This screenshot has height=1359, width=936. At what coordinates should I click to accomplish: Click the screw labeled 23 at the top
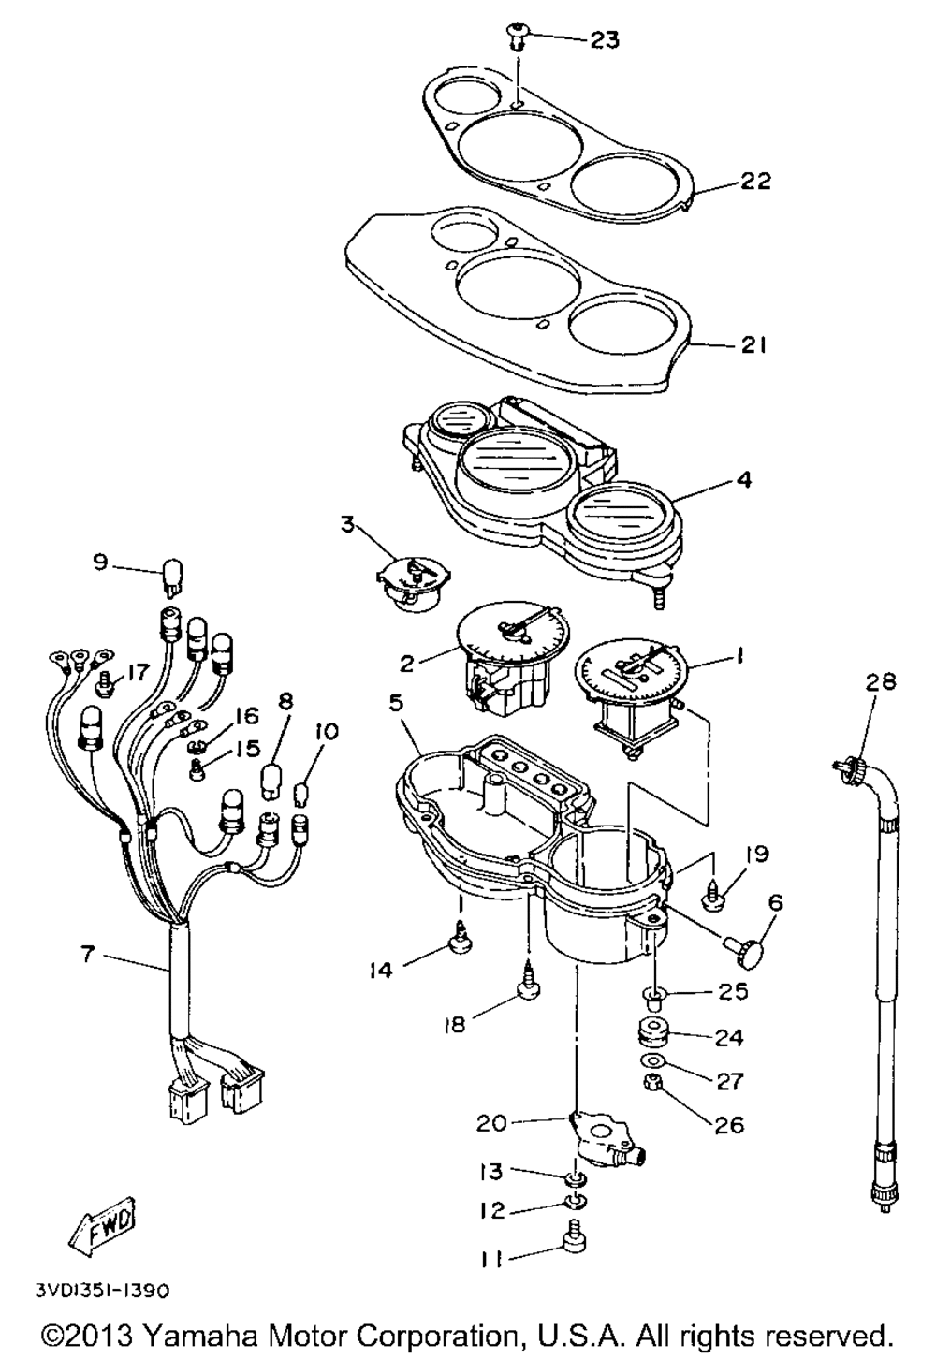(x=518, y=36)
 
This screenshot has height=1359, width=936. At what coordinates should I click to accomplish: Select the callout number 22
(x=754, y=181)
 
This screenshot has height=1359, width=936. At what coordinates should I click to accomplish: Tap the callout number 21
(x=754, y=345)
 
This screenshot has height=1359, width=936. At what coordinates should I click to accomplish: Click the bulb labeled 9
(x=173, y=572)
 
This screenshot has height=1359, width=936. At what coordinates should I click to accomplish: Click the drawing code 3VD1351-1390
(x=102, y=1291)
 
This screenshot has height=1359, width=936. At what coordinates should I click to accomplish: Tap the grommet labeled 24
(x=650, y=1036)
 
